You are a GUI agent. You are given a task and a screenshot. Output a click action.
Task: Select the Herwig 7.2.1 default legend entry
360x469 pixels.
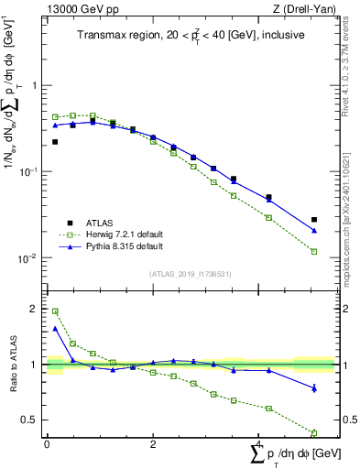tap(112, 234)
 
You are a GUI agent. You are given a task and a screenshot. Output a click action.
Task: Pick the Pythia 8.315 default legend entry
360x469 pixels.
tap(111, 246)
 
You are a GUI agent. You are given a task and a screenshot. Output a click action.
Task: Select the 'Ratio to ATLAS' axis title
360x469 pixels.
tap(14, 365)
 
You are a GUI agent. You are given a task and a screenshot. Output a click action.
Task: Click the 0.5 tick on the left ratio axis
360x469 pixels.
tap(33, 420)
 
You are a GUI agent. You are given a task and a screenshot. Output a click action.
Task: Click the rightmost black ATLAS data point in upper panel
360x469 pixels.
tap(314, 220)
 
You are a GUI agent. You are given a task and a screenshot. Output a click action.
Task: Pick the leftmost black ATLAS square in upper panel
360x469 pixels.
tap(55, 142)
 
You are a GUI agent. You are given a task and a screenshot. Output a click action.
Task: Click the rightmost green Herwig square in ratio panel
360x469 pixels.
tap(314, 433)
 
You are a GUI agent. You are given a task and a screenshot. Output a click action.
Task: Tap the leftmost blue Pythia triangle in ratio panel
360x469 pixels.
tap(55, 328)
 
